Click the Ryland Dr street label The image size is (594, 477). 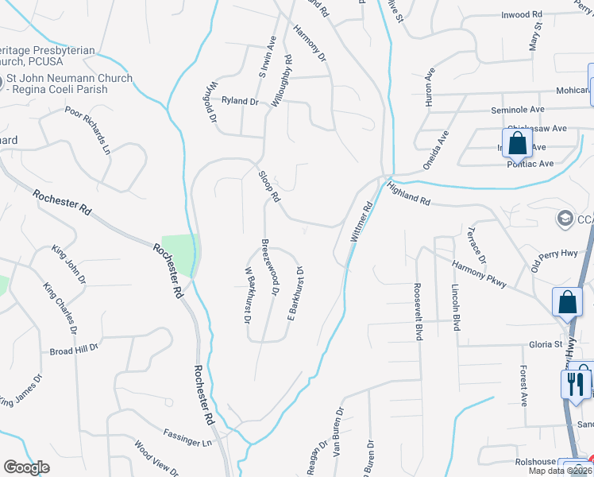241,101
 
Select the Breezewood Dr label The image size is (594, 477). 271,267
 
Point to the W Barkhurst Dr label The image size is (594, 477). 247,297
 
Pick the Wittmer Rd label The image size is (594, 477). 361,222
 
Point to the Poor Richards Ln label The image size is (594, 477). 87,130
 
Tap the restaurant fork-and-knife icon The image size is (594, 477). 575,384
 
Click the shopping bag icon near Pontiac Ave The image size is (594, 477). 517,144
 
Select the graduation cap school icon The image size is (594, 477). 565,218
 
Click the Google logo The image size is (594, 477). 26,467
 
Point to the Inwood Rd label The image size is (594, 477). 521,14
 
